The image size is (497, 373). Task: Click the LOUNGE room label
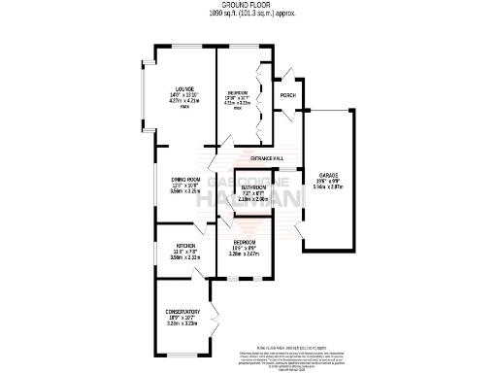point(184,87)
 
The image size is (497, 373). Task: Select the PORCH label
point(287,95)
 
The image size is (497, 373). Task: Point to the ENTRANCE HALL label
point(266,157)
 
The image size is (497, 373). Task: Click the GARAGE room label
point(326,175)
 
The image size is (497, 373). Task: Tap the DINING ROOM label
point(185,179)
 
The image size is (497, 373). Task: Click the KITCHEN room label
point(185,246)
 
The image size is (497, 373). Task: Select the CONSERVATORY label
point(182,311)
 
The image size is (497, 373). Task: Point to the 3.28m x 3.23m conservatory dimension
point(182,323)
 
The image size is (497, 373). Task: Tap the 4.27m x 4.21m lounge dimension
point(184,100)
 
